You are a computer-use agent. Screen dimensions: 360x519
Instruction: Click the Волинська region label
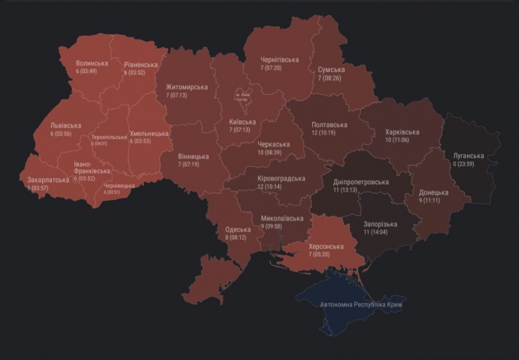point(92,63)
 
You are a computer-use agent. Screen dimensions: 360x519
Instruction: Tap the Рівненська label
point(141,65)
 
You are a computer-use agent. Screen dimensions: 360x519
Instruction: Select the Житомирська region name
point(187,87)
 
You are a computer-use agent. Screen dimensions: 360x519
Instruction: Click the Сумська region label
point(331,69)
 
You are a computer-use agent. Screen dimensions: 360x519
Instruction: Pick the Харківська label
point(402,132)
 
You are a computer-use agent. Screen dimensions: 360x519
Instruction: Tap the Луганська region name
point(470,156)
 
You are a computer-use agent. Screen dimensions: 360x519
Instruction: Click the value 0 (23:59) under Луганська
point(470,165)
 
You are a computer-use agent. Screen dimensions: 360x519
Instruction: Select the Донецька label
point(434,192)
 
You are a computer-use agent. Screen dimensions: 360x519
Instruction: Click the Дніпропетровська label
point(361,182)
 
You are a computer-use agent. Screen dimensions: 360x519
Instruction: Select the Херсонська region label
point(326,247)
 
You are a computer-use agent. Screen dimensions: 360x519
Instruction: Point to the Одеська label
point(238,229)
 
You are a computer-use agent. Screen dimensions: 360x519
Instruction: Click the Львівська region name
point(66,126)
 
